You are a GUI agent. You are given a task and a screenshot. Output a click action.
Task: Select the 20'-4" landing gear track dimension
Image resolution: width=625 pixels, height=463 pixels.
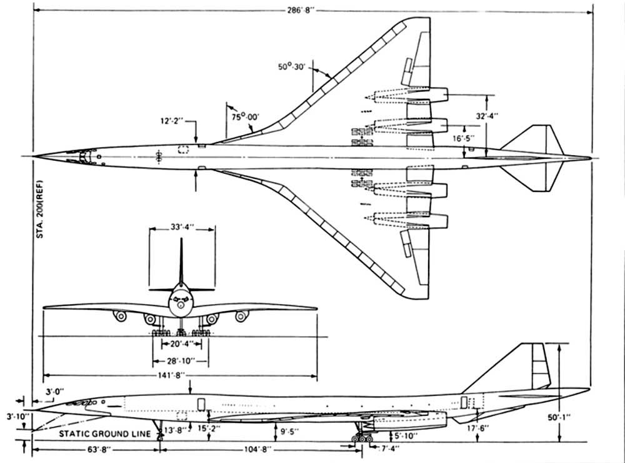click(x=181, y=343)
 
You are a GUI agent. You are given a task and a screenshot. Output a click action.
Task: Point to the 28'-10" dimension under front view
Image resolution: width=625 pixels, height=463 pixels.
click(x=181, y=362)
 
